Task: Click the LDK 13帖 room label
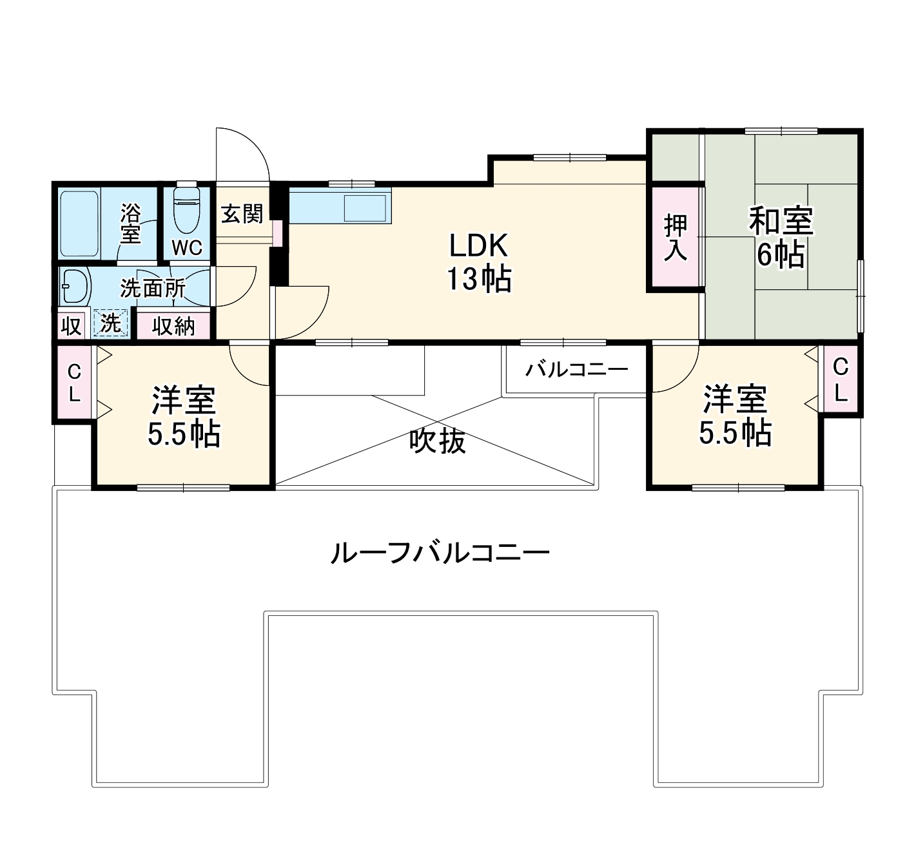click(x=480, y=262)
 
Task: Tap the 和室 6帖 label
click(x=780, y=237)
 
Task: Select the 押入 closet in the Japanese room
click(x=676, y=237)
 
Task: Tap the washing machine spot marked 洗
click(x=111, y=324)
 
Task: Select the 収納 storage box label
click(x=173, y=326)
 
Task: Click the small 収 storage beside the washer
click(x=70, y=326)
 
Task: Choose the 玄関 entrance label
click(x=242, y=213)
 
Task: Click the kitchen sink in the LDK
click(x=365, y=207)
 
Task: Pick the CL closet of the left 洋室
click(x=75, y=383)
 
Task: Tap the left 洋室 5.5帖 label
click(x=184, y=417)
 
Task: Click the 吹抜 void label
click(x=437, y=441)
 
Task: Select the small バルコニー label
click(x=576, y=370)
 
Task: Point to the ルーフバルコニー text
click(x=439, y=553)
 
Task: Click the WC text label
click(x=187, y=247)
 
